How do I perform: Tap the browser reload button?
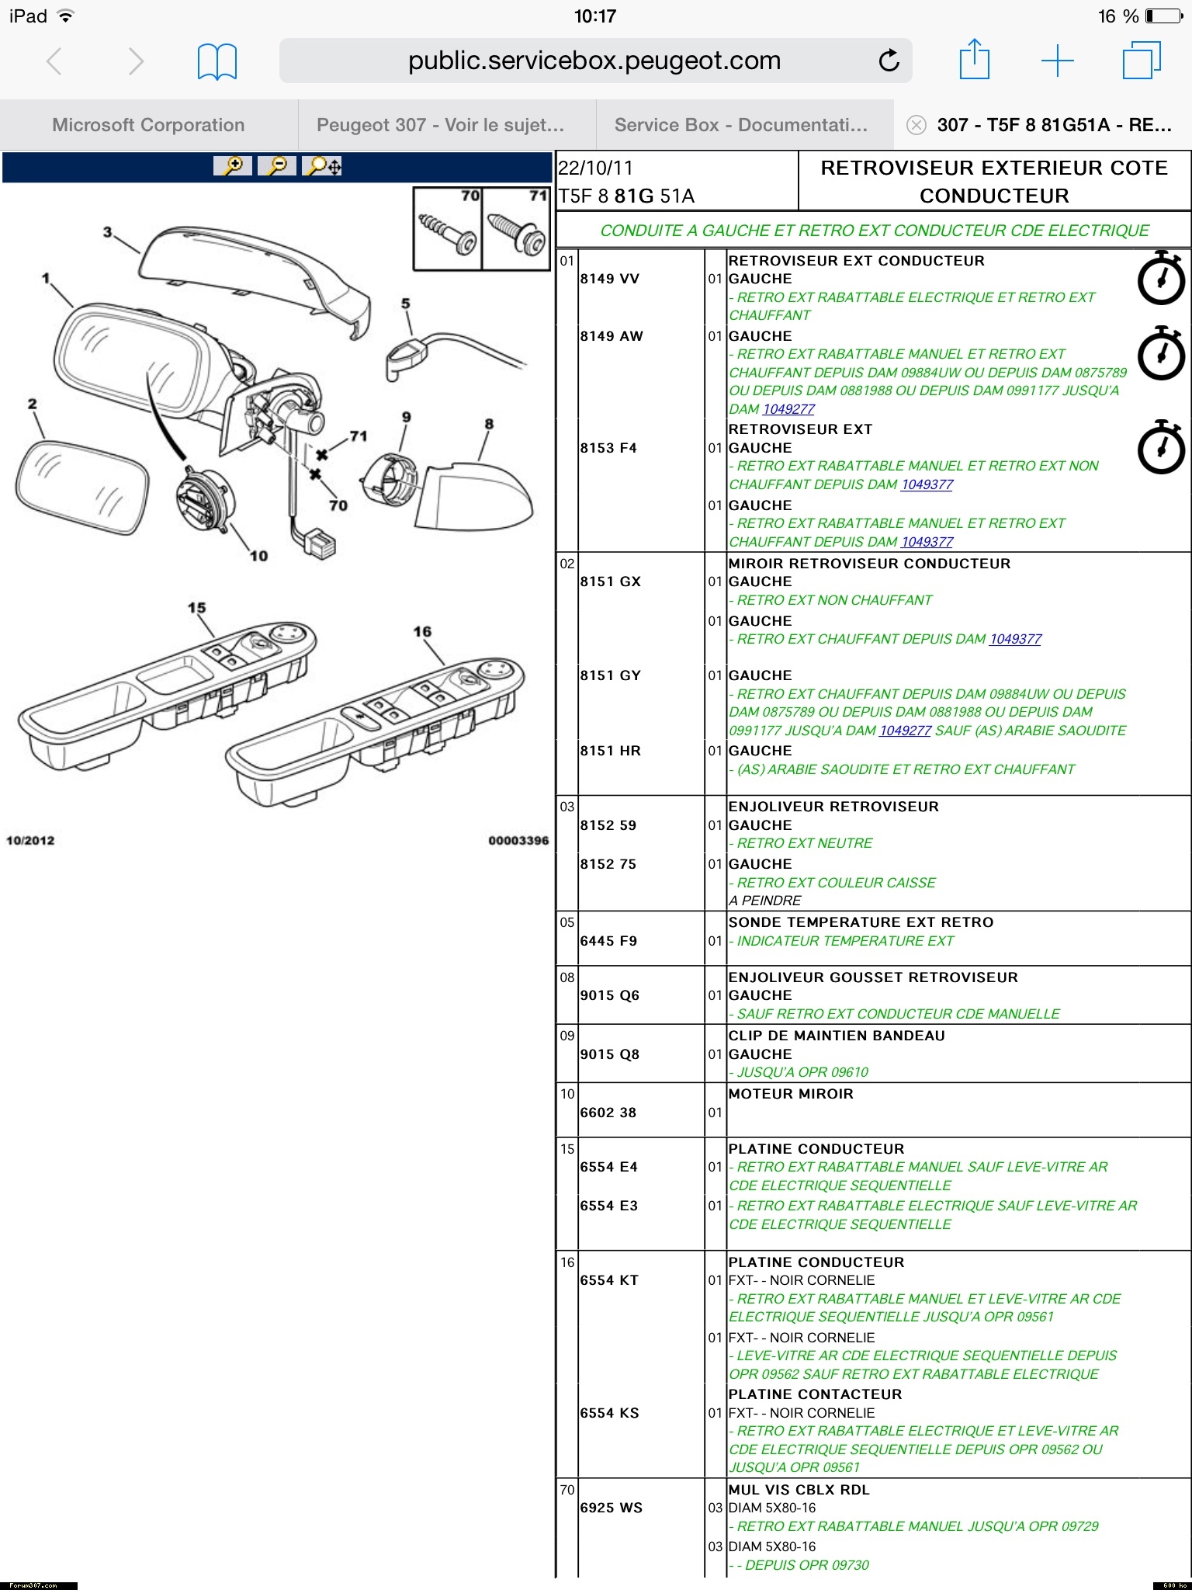click(x=889, y=61)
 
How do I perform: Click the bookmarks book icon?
click(x=217, y=61)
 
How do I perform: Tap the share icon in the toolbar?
click(x=974, y=61)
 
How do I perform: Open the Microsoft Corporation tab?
click(x=148, y=125)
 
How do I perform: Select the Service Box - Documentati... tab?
click(x=740, y=125)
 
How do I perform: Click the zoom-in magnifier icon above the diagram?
click(x=232, y=165)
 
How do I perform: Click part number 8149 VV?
click(x=609, y=279)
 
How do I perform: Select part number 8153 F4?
click(x=608, y=448)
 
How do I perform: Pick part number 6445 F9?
click(x=608, y=941)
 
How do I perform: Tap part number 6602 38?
click(x=608, y=1113)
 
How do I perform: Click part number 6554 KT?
click(x=609, y=1280)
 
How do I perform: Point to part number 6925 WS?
click(x=611, y=1508)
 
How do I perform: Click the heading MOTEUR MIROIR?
click(x=790, y=1094)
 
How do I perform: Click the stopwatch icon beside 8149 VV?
click(x=1160, y=279)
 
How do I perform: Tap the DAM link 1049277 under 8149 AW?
click(x=788, y=409)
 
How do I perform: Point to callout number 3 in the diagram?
click(x=108, y=231)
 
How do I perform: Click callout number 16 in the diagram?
click(x=422, y=632)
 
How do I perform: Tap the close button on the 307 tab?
click(x=916, y=125)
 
